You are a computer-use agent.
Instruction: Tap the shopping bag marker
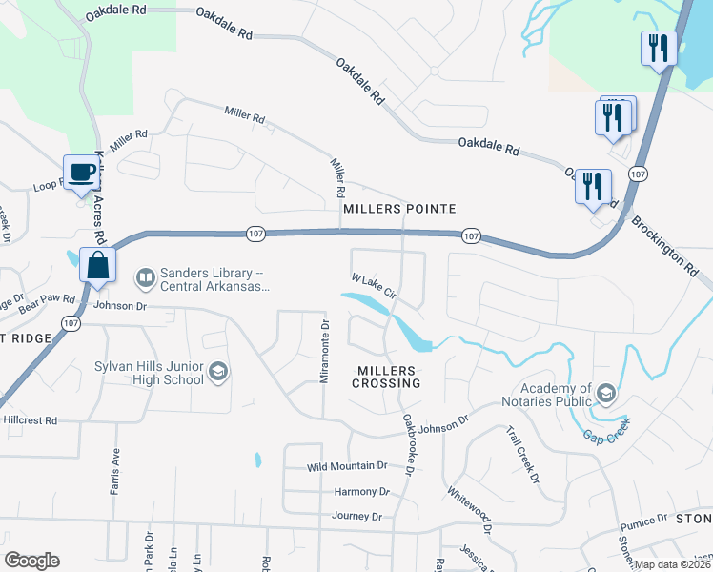click(x=98, y=265)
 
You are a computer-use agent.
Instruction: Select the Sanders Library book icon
click(x=145, y=277)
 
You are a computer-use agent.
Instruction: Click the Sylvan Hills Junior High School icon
click(x=218, y=372)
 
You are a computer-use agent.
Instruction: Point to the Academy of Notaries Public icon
click(x=604, y=394)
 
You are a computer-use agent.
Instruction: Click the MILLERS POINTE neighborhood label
click(x=399, y=208)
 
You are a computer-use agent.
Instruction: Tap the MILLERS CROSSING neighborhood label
click(x=388, y=377)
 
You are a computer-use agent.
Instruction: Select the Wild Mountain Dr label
click(x=347, y=467)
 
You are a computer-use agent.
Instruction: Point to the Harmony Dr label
click(x=362, y=492)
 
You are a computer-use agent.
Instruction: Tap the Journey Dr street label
click(x=356, y=516)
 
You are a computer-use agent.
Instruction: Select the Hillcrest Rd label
click(x=31, y=419)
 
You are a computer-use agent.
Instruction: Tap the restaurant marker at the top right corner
click(x=657, y=49)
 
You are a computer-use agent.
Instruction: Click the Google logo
click(x=31, y=561)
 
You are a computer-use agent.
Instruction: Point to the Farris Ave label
click(x=115, y=472)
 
